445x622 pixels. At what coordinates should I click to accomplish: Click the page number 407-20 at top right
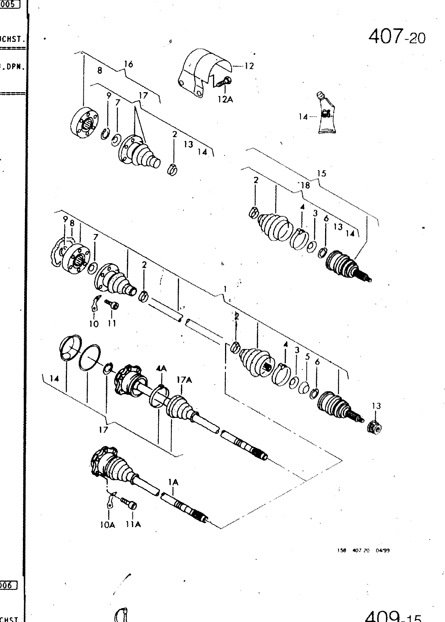(x=397, y=37)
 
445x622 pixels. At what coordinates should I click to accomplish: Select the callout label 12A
(x=225, y=100)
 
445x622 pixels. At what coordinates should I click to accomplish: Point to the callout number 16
(x=128, y=64)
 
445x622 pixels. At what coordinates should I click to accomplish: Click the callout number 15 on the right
(x=322, y=173)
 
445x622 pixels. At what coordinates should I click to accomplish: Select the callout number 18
(x=306, y=185)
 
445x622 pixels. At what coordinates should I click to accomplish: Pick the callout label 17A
(x=185, y=380)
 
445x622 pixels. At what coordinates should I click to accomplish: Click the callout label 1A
(x=173, y=482)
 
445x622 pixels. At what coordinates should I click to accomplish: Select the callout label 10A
(x=107, y=525)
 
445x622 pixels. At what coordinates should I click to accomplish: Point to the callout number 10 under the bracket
(x=94, y=323)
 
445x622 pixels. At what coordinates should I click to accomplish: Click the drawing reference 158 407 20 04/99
(x=363, y=550)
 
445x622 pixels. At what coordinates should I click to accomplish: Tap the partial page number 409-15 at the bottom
(x=393, y=616)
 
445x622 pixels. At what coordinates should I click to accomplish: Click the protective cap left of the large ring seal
(x=70, y=348)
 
